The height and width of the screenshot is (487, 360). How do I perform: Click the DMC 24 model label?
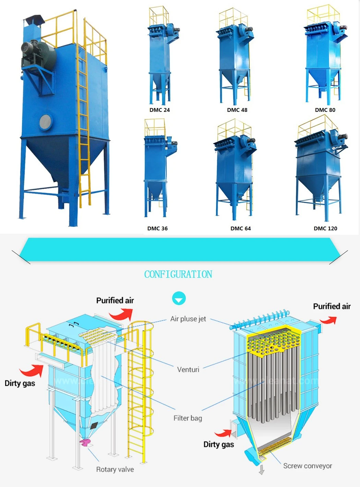pos(159,110)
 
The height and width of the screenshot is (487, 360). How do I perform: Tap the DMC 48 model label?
pos(237,110)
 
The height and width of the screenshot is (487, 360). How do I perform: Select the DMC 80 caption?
pos(325,110)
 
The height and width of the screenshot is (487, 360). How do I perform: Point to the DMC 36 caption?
pos(157,229)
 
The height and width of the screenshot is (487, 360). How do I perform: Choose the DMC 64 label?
pos(240,229)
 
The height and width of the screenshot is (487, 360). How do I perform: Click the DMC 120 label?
pos(325,229)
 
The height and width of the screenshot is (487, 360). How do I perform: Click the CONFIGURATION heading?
pos(178,275)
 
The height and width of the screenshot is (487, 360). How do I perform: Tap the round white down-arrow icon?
pos(179,299)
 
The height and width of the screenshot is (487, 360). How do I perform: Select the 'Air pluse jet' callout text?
pos(188,319)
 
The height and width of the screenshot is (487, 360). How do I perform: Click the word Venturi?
pos(188,370)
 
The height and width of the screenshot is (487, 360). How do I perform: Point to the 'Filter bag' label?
pos(188,418)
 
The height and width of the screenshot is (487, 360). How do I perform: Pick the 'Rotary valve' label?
pos(115,469)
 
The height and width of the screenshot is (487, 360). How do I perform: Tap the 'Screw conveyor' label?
pos(308,466)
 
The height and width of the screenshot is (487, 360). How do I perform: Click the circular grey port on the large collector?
pos(46,122)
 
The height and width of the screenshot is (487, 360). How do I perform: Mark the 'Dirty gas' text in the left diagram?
pos(20,383)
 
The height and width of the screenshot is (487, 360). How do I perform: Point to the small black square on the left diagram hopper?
pos(94,426)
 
